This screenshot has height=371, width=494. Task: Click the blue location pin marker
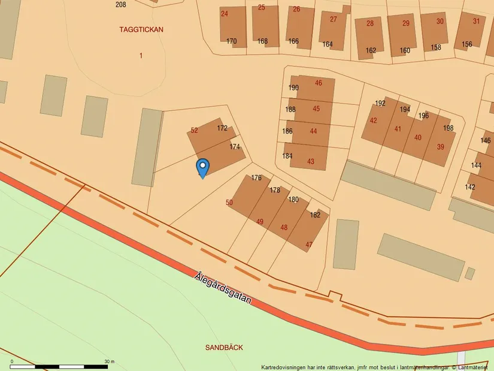pos(203,167)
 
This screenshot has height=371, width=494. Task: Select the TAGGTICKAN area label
pos(141,29)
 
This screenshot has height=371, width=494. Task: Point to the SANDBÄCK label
pos(224,347)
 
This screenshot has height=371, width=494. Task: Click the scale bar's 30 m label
pos(109,361)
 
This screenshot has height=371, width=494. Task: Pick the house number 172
pos(222,128)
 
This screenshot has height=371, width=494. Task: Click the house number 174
pos(235,146)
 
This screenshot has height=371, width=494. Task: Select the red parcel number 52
pos(194,130)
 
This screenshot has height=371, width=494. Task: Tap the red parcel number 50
pos(229,203)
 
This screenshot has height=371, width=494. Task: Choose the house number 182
pos(315,215)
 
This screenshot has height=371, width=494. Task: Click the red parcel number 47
pos(309,245)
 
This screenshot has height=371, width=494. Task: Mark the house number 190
pos(293,88)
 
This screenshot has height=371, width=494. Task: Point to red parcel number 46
pos(318,83)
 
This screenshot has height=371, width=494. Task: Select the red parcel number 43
pos(310,161)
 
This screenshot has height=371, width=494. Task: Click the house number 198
pos(448,128)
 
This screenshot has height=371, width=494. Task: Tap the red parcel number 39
pos(440,147)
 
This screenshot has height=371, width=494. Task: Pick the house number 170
pos(231,41)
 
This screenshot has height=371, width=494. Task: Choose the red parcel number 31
pos(476,21)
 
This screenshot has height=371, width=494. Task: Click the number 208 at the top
pos(120,4)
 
